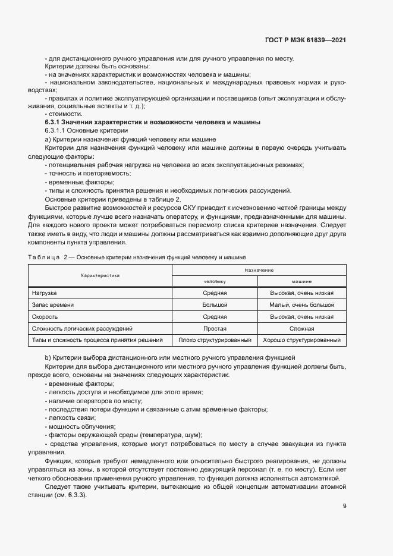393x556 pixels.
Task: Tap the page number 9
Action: [344, 505]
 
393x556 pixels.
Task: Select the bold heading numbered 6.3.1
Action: [153, 122]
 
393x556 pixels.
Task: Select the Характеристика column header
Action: [100, 275]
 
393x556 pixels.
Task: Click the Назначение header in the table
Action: [259, 270]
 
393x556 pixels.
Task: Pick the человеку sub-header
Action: [215, 281]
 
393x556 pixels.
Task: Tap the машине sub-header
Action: [302, 281]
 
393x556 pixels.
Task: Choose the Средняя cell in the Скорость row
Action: [215, 316]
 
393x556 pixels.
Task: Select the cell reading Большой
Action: [215, 304]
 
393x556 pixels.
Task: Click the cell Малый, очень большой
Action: [302, 304]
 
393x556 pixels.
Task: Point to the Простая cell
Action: [215, 328]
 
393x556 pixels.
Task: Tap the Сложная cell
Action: [302, 328]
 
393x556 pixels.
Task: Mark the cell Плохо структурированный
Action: [215, 340]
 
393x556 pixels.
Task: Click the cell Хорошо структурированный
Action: [302, 340]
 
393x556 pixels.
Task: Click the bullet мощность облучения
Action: [81, 426]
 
